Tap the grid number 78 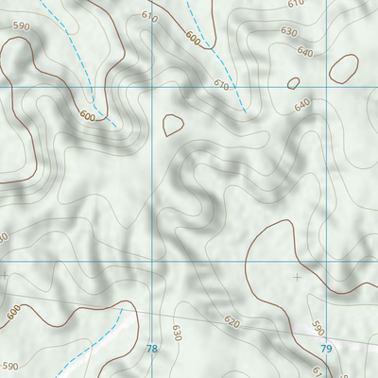(x=152, y=350)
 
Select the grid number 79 (x=327, y=350)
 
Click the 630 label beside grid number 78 (x=176, y=332)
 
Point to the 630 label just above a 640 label (x=289, y=31)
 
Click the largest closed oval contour (x=343, y=67)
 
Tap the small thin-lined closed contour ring (x=293, y=83)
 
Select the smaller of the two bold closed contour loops (x=173, y=124)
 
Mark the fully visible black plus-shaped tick (x=299, y=277)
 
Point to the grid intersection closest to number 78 (x=152, y=262)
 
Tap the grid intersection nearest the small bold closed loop (x=152, y=87)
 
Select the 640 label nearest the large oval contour (x=305, y=51)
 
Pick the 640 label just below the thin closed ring (x=302, y=105)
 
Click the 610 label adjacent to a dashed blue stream (x=221, y=85)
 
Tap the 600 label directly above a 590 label (x=13, y=311)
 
